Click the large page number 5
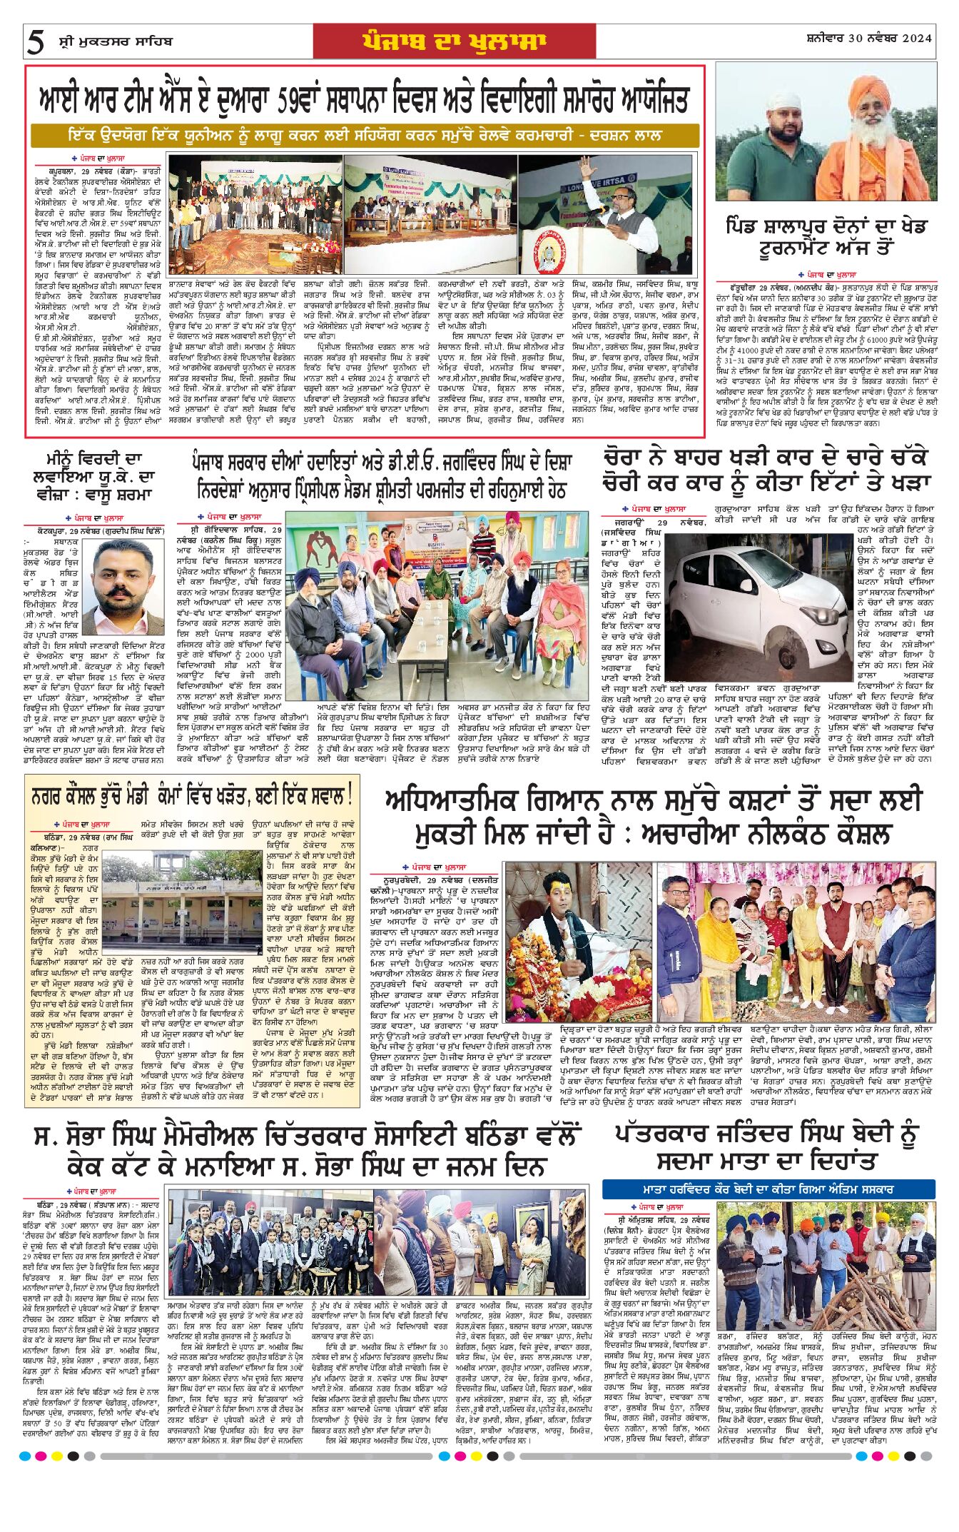pyautogui.click(x=34, y=43)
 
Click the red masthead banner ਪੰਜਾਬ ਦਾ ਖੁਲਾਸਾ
pyautogui.click(x=454, y=41)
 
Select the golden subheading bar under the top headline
pyautogui.click(x=365, y=135)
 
